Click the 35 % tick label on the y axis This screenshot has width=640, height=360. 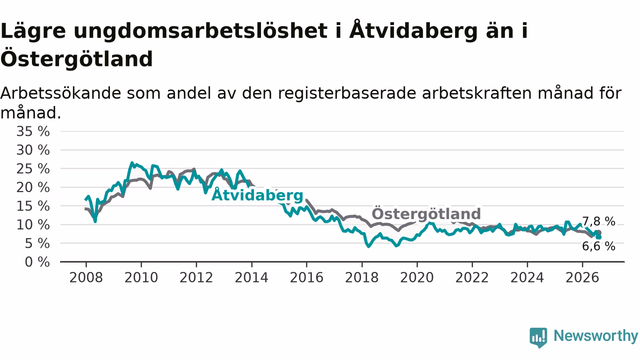click(x=33, y=131)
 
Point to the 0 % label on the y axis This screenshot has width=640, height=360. click(x=37, y=262)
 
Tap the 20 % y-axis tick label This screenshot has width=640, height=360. click(x=33, y=187)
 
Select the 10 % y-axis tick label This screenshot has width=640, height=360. click(x=33, y=225)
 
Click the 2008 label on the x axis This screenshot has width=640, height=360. click(x=86, y=277)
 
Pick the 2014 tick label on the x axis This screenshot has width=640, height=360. click(x=251, y=277)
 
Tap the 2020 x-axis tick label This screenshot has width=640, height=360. click(x=417, y=277)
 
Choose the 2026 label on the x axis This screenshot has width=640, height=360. click(x=582, y=277)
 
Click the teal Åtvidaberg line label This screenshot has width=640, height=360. click(x=257, y=195)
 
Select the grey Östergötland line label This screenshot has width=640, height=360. click(x=426, y=213)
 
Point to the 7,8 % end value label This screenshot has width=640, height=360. click(x=598, y=221)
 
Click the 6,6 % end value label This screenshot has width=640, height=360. click(x=598, y=246)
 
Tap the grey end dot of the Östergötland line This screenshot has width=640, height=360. click(x=599, y=232)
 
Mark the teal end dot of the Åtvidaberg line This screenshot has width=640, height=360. click(x=599, y=237)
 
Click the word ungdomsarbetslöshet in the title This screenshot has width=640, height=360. click(x=200, y=31)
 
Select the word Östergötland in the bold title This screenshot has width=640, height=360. click(x=76, y=59)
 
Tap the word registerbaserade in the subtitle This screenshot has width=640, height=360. click(x=347, y=93)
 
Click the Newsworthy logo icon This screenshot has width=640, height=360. click(x=538, y=337)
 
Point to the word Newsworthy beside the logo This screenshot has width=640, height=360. click(x=595, y=335)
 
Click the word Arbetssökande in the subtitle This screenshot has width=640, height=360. click(x=60, y=93)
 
